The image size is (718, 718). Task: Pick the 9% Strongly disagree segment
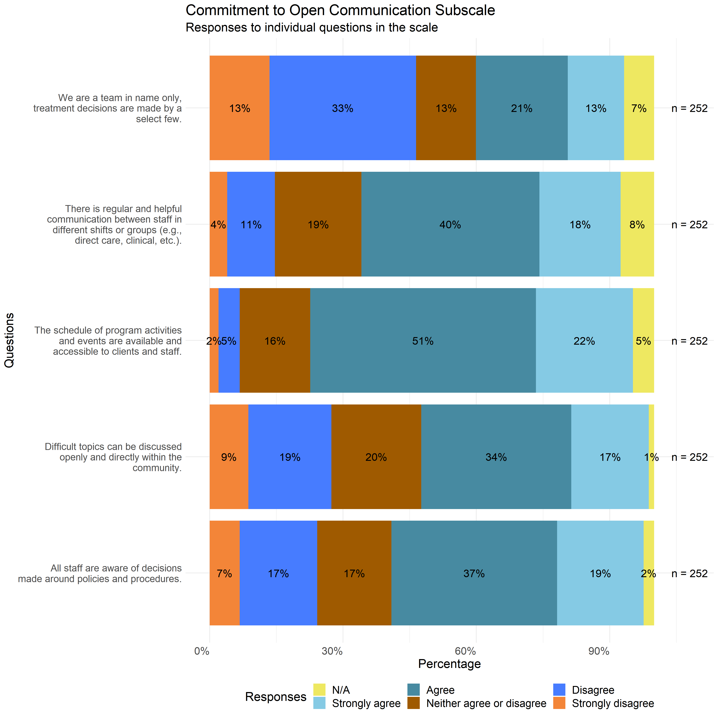228,457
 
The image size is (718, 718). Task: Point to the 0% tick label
202,651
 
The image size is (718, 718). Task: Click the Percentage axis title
449,664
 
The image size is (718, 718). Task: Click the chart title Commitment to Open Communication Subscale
340,10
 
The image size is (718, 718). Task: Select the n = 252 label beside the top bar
689,108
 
